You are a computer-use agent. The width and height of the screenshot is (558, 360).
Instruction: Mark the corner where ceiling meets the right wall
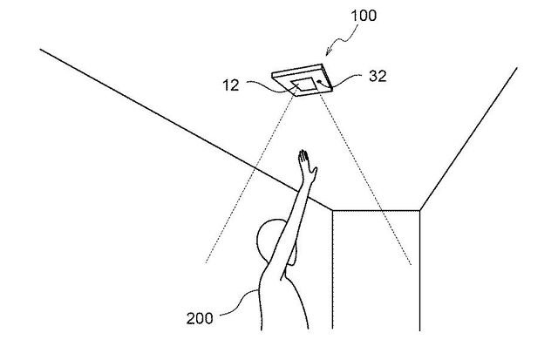pos(420,209)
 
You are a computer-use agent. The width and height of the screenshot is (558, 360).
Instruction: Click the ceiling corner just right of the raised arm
pos(332,209)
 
